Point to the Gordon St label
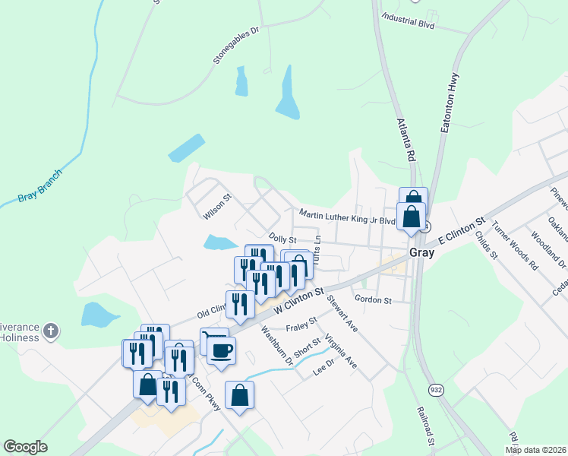(x=372, y=300)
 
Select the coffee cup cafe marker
(x=221, y=350)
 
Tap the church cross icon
(x=50, y=331)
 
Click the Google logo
(x=25, y=447)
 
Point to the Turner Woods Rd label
(x=514, y=245)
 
